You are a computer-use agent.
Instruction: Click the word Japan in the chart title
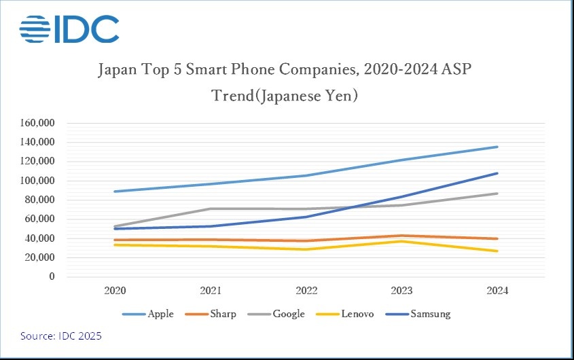pyautogui.click(x=118, y=70)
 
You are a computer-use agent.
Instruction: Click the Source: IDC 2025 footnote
pyautogui.click(x=61, y=336)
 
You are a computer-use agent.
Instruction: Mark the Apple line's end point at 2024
pyautogui.click(x=498, y=147)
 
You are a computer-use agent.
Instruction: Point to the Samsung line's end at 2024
pyautogui.click(x=498, y=173)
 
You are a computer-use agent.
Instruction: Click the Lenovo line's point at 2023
pyautogui.click(x=402, y=241)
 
